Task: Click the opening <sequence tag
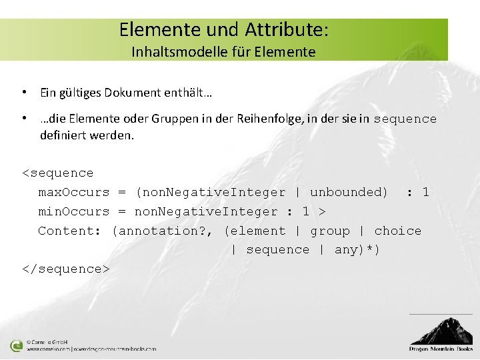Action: tap(58, 173)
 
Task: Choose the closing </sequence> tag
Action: tap(65, 269)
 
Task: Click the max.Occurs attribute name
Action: tap(73, 193)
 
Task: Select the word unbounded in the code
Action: tap(349, 193)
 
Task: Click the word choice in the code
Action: tap(398, 231)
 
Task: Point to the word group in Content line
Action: tap(330, 231)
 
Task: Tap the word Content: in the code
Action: tap(69, 231)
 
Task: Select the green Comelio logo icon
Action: tap(17, 345)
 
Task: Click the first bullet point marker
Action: tap(23, 92)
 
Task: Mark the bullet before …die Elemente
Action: tap(23, 119)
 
